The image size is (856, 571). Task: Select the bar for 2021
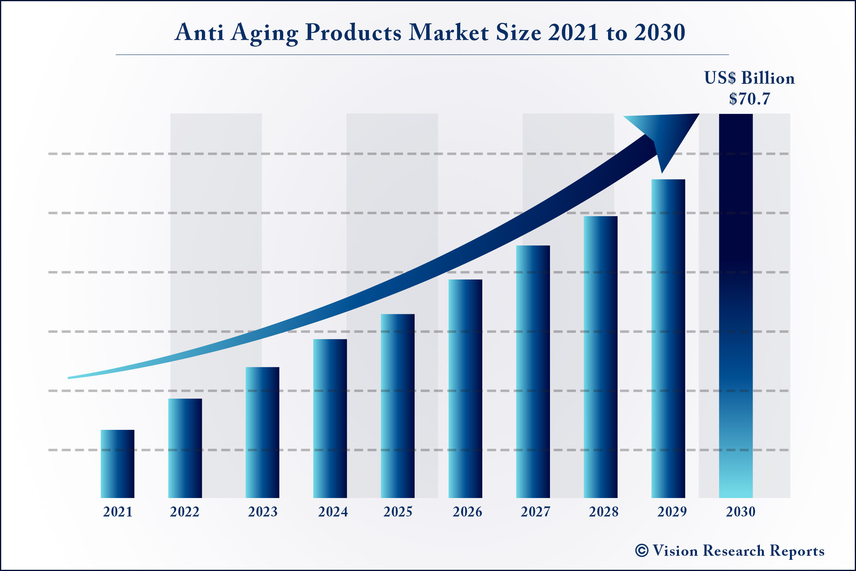pos(117,464)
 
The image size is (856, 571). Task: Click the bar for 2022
pos(185,448)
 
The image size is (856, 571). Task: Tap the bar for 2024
pos(330,419)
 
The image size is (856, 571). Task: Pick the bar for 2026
pos(465,389)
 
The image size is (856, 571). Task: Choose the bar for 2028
pos(600,357)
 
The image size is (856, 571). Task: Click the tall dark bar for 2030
pos(736,305)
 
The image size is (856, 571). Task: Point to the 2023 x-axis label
pos(263,512)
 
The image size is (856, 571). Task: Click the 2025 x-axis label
pos(398,512)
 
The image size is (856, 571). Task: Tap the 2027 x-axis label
pos(536,512)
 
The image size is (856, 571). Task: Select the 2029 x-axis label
pos(672,512)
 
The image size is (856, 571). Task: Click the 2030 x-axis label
pos(741,512)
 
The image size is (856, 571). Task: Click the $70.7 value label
pos(749,99)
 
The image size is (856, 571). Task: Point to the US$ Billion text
pos(749,78)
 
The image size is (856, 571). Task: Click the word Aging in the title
pos(265,33)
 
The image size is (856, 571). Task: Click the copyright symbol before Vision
pos(641,551)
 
